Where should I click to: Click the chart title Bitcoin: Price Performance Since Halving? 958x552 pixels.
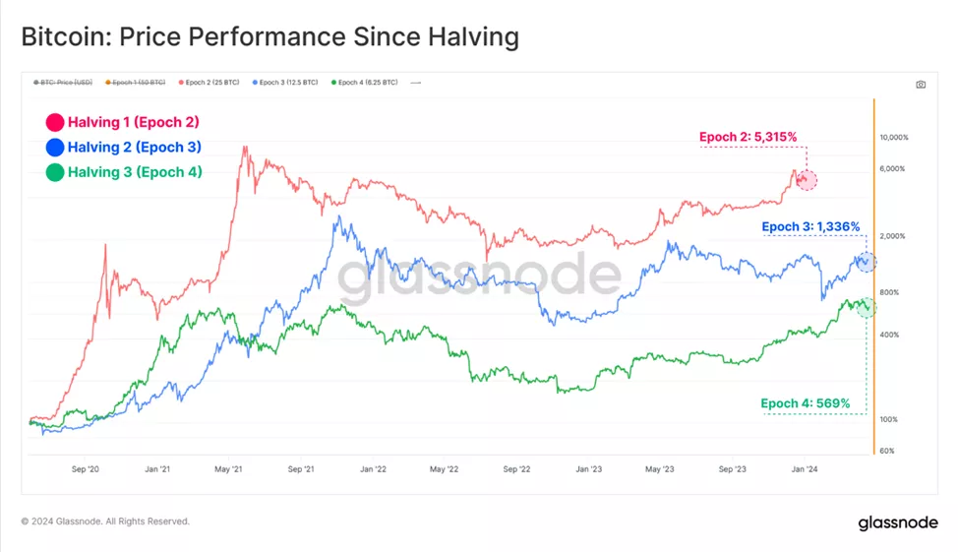tap(269, 38)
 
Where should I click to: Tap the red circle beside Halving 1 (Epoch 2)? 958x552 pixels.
tap(54, 123)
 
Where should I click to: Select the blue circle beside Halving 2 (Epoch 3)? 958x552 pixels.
tap(54, 148)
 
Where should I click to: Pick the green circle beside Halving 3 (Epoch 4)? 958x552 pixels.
tap(54, 172)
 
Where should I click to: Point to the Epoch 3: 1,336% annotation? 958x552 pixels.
tap(811, 227)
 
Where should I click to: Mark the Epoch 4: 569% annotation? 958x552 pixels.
tap(805, 403)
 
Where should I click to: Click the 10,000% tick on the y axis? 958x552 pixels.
tap(893, 138)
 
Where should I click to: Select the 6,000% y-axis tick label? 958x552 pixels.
tap(893, 169)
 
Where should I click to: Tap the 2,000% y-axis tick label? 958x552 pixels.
tap(893, 236)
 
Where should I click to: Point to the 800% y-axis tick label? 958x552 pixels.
tap(891, 292)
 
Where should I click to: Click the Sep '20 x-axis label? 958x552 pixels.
tap(87, 470)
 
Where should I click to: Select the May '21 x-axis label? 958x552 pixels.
tap(228, 470)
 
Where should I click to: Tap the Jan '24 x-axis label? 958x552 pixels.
tap(805, 470)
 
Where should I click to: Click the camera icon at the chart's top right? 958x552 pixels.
tap(921, 85)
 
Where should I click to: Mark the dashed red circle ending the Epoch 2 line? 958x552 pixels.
tap(807, 180)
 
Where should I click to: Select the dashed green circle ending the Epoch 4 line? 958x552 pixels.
tap(866, 308)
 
